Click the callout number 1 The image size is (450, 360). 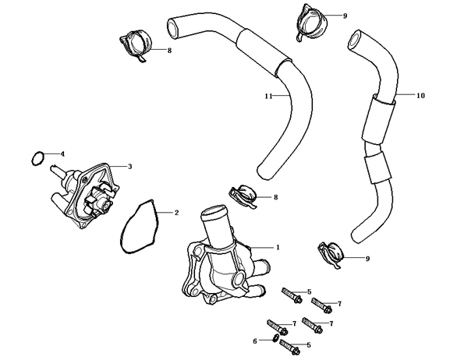[278, 247]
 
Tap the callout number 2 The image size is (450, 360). [176, 213]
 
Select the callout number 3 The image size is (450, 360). [129, 167]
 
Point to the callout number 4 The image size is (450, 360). [62, 154]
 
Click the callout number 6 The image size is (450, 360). [255, 341]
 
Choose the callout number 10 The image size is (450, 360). [420, 96]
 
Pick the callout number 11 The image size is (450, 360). [268, 96]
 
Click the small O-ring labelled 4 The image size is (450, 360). [37, 158]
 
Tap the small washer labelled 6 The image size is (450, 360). [275, 338]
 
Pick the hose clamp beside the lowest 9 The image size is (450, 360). [331, 255]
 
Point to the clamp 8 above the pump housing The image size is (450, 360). [243, 196]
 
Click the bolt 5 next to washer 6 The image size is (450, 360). [290, 346]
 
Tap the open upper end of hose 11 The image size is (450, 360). [173, 29]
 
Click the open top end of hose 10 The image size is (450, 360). [355, 40]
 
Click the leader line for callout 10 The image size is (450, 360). [405, 94]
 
